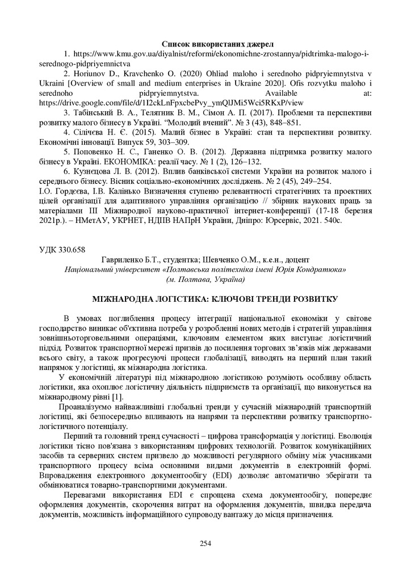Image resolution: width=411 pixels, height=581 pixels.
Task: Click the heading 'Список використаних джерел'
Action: pos(217,44)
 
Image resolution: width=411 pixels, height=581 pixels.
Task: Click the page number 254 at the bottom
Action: pos(205,544)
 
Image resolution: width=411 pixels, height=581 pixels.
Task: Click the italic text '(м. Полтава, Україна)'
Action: pos(205,279)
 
